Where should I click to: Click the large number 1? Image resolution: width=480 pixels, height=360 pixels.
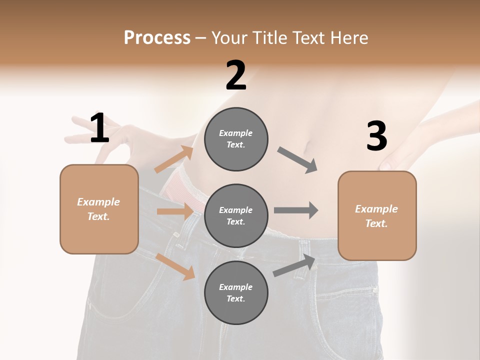click(99, 128)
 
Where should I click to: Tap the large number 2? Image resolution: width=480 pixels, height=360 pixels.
click(236, 75)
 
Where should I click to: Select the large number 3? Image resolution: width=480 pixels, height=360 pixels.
click(376, 136)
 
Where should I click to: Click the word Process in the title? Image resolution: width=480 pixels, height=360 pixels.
click(157, 37)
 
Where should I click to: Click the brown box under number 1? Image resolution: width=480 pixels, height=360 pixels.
click(99, 209)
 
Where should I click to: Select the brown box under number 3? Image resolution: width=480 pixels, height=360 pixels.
click(377, 215)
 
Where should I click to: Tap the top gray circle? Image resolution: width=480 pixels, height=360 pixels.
click(236, 139)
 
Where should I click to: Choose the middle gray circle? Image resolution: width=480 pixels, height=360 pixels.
click(236, 215)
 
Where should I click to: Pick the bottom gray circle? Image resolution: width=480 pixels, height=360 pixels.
click(236, 292)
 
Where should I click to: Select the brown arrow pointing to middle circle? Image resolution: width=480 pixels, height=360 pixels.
click(174, 211)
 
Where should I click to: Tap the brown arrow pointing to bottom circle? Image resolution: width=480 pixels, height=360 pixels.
click(175, 266)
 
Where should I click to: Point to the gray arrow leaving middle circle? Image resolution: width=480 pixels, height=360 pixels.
click(296, 210)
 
